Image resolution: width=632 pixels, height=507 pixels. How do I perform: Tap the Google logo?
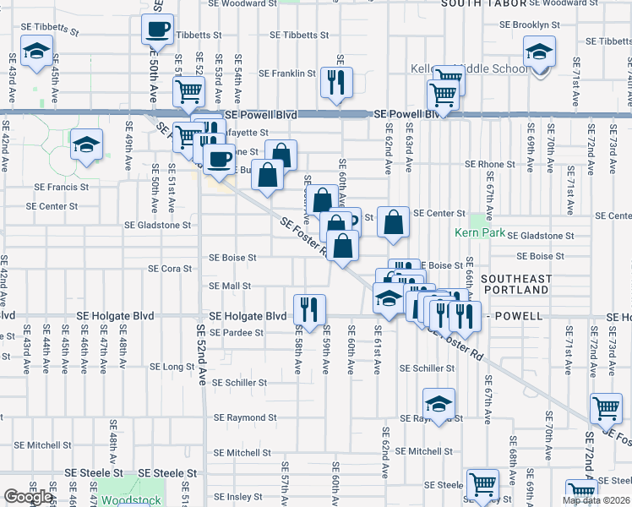pyautogui.click(x=28, y=498)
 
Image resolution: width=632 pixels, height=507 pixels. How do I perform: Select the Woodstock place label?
pyautogui.click(x=131, y=500)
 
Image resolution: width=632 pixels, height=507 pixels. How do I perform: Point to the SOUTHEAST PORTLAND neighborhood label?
pyautogui.click(x=516, y=284)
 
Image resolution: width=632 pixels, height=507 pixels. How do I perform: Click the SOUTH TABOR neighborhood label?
pyautogui.click(x=484, y=4)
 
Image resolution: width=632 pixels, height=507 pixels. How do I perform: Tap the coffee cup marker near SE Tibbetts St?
pyautogui.click(x=157, y=32)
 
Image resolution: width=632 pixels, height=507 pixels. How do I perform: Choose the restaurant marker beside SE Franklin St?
pyautogui.click(x=337, y=83)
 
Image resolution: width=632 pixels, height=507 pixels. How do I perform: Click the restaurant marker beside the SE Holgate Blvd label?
pyautogui.click(x=309, y=309)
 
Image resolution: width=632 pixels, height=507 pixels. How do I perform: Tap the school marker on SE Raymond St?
pyautogui.click(x=439, y=406)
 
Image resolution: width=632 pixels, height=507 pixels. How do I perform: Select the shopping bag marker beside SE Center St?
pyautogui.click(x=394, y=223)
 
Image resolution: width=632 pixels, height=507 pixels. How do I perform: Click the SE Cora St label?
pyautogui.click(x=171, y=269)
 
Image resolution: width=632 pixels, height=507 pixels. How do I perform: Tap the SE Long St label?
pyautogui.click(x=172, y=367)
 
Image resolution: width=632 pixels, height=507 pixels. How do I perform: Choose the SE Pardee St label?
pyautogui.click(x=236, y=333)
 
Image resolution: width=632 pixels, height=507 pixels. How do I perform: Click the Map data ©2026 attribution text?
pyautogui.click(x=596, y=500)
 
